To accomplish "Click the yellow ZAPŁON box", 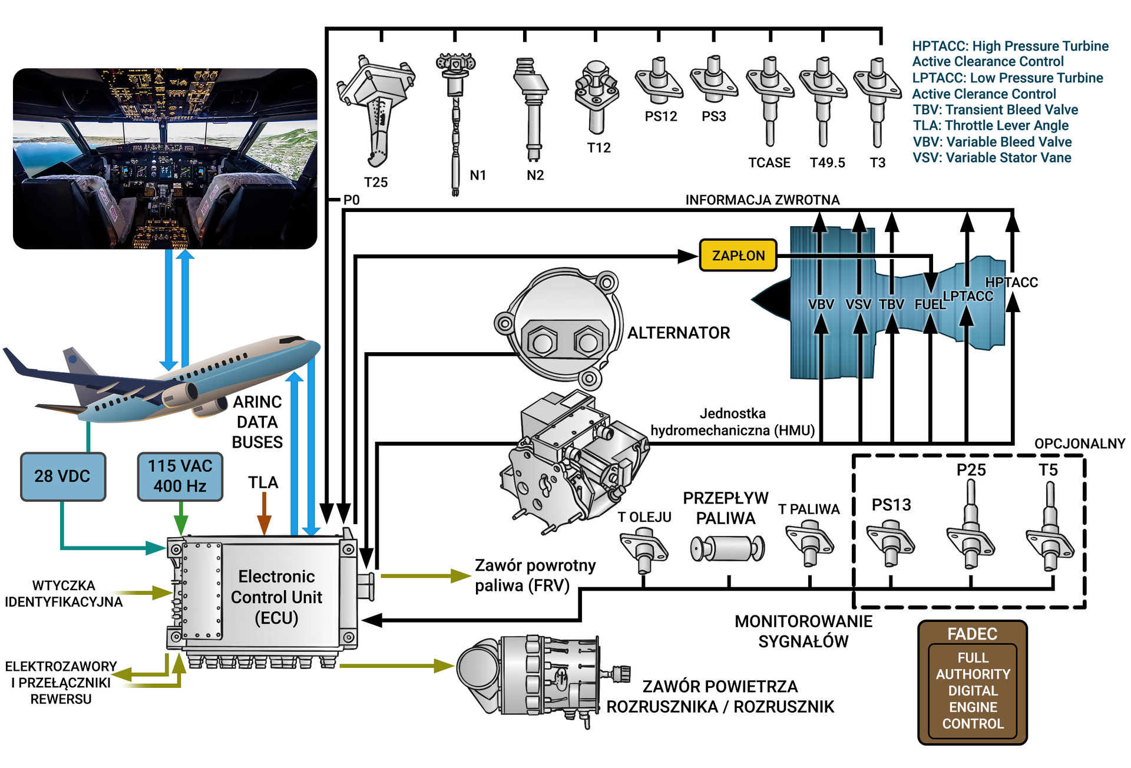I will click(x=738, y=255).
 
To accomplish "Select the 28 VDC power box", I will click(x=63, y=476).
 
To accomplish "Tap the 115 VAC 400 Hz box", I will click(x=180, y=476).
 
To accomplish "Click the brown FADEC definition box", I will click(x=973, y=682).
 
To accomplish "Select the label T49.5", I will click(x=827, y=163).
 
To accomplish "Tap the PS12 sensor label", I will click(x=660, y=116).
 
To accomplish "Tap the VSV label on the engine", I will click(x=858, y=304).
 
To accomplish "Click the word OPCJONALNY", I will click(x=1079, y=443).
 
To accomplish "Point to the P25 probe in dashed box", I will click(x=970, y=524).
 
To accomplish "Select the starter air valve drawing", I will click(x=536, y=677).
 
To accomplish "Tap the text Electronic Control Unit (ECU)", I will click(x=276, y=597).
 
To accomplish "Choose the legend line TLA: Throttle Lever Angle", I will click(x=990, y=125).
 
